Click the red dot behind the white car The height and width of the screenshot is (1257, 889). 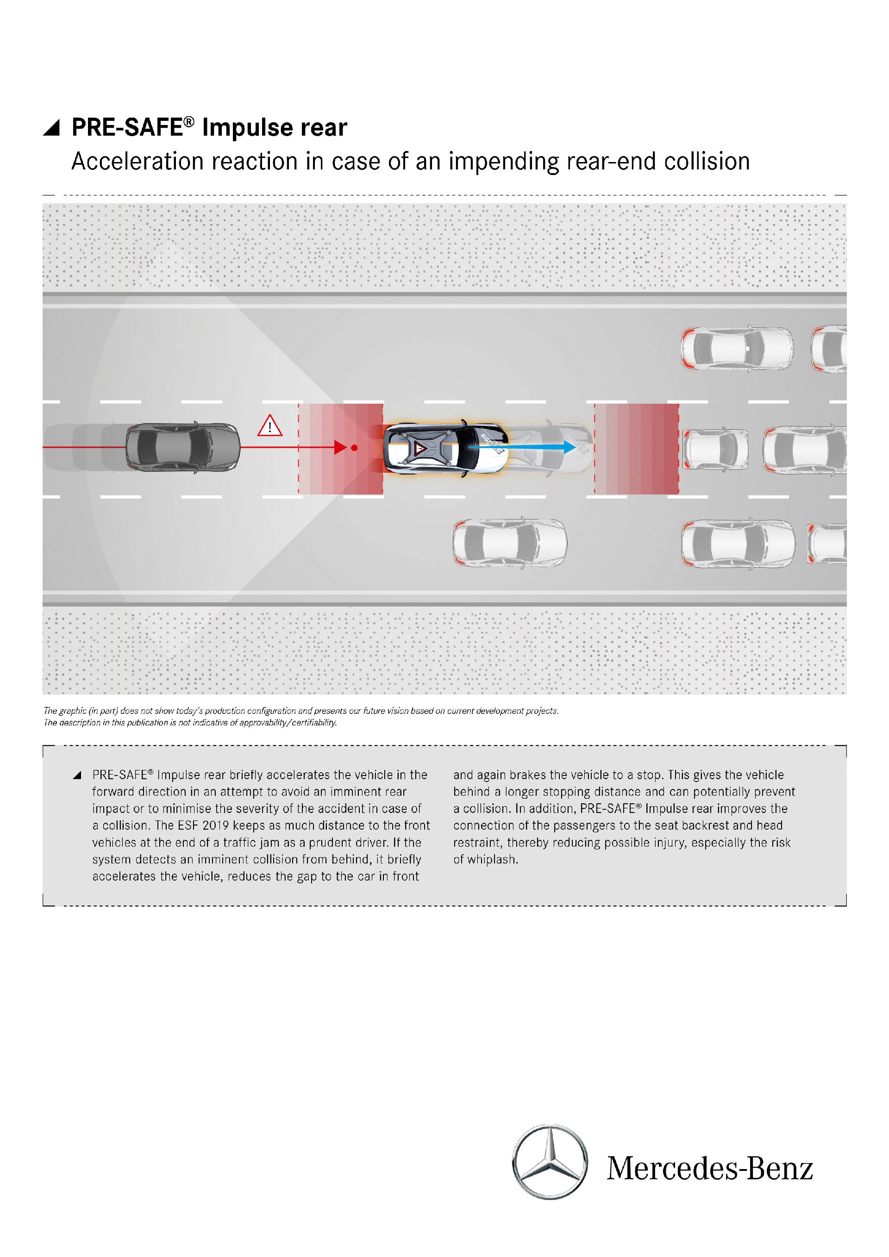click(354, 448)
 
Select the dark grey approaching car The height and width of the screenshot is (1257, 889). click(182, 447)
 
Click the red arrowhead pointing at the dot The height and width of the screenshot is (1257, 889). click(340, 448)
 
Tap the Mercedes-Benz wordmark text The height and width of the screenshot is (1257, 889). click(709, 1168)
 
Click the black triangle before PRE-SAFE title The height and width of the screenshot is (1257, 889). click(51, 128)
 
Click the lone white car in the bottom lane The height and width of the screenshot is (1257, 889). click(510, 543)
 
